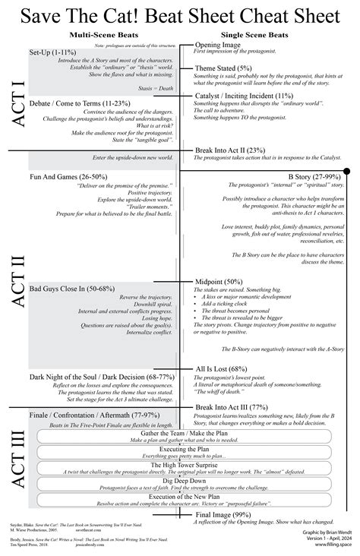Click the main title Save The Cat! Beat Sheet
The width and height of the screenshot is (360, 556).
[x=180, y=15]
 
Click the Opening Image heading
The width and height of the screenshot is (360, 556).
[x=219, y=45]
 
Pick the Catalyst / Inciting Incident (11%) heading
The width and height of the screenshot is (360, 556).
[x=244, y=96]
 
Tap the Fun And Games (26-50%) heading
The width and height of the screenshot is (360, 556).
[x=68, y=176]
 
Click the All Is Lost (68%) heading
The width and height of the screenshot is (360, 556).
[x=224, y=369]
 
